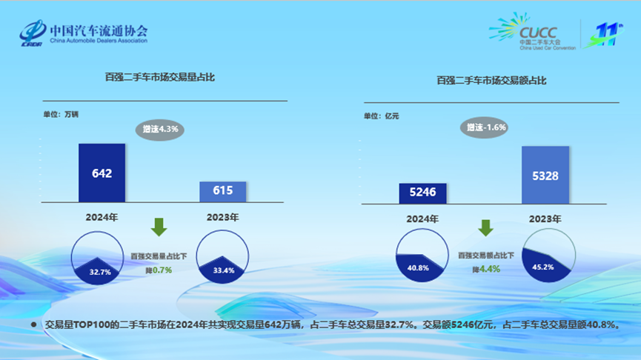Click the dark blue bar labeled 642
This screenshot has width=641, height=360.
tap(102, 173)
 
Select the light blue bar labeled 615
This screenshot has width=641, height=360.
tap(223, 192)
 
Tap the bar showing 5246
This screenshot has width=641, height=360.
tap(422, 193)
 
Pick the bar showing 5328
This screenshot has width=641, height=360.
tap(545, 175)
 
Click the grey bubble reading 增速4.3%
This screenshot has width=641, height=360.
tap(160, 130)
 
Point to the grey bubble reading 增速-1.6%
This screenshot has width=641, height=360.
tap(485, 127)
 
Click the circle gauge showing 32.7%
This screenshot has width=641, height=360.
tap(97, 258)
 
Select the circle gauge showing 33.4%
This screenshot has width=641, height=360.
tap(222, 256)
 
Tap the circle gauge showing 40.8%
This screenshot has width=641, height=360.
tap(422, 255)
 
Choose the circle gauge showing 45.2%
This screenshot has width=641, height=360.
tap(548, 256)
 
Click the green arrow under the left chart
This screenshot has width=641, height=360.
tap(159, 227)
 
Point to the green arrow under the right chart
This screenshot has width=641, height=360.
tap(485, 227)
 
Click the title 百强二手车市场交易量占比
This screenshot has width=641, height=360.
tap(160, 77)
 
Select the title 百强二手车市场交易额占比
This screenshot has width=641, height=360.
tap(491, 81)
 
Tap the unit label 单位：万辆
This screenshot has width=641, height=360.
tap(61, 114)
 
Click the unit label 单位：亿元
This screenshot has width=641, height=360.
tap(382, 116)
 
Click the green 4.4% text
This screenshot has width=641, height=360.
tap(489, 269)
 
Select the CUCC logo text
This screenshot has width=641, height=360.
tap(538, 33)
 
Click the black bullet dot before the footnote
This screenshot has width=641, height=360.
tap(33, 325)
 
